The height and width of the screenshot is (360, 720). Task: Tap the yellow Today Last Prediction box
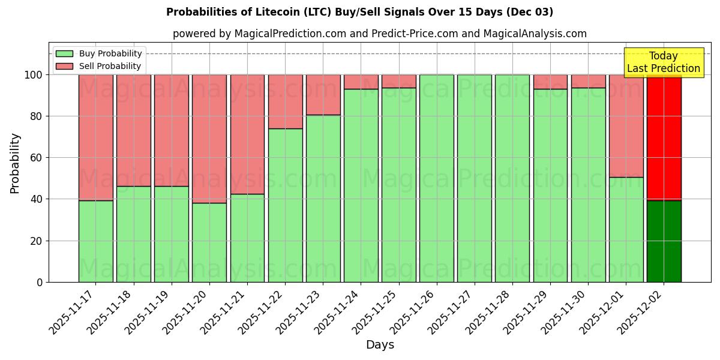pyautogui.click(x=663, y=62)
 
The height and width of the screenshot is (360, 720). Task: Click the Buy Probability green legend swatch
pyautogui.click(x=64, y=53)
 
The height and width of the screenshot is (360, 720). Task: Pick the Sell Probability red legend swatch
pyautogui.click(x=64, y=66)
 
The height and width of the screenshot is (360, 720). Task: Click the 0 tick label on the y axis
pyautogui.click(x=40, y=282)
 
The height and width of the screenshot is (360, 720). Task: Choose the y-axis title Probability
pyautogui.click(x=15, y=163)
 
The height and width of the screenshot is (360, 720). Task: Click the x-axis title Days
pyautogui.click(x=380, y=345)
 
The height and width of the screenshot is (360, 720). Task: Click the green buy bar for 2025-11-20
pyautogui.click(x=209, y=242)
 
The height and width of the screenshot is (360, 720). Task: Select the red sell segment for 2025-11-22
pyautogui.click(x=286, y=101)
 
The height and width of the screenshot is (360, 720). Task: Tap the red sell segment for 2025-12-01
pyautogui.click(x=626, y=125)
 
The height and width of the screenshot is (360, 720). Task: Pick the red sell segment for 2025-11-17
pyautogui.click(x=95, y=137)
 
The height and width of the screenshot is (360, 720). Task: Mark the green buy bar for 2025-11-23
pyautogui.click(x=323, y=198)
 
